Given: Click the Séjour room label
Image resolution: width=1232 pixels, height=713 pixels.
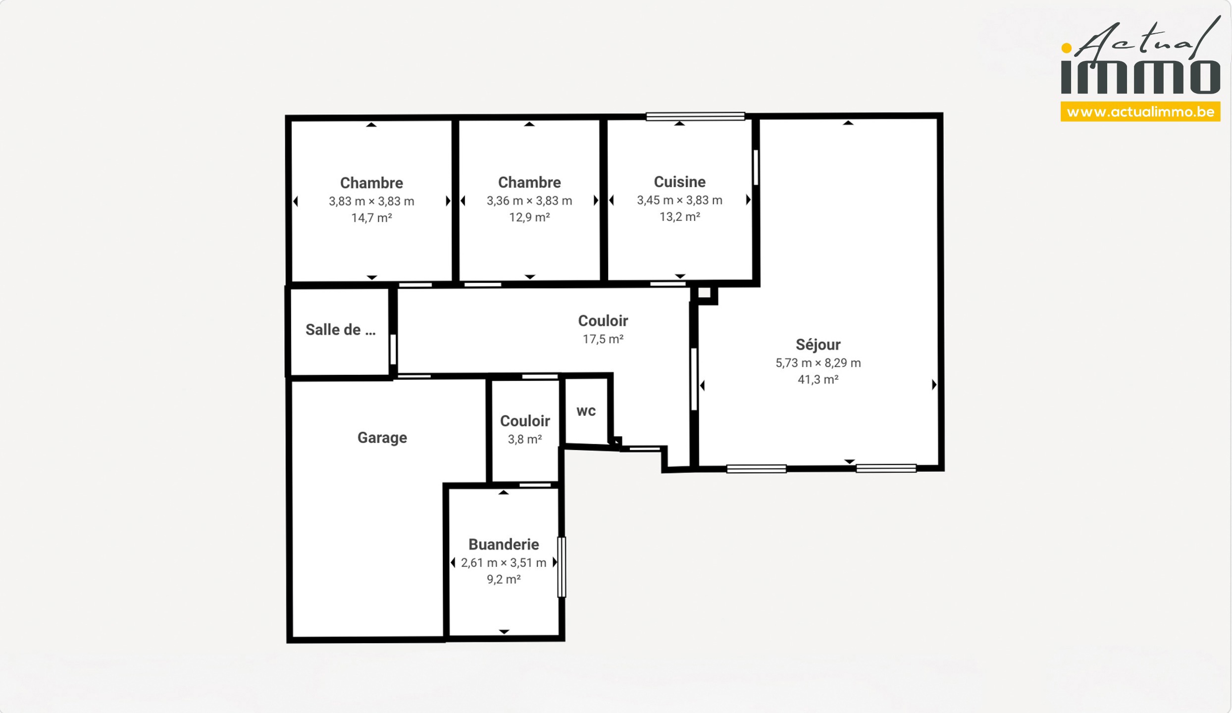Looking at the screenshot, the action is (818, 345).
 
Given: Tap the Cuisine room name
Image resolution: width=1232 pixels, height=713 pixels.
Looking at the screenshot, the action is (679, 182).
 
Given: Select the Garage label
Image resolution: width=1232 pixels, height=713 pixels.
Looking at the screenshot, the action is (382, 438).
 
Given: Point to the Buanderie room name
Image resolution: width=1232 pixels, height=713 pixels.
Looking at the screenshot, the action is (504, 544).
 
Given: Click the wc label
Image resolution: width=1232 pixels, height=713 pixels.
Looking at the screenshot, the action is (586, 411).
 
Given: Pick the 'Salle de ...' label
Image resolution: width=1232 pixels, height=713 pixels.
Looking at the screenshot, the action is (341, 330).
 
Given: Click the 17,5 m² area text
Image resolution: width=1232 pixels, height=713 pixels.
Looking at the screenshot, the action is (603, 339).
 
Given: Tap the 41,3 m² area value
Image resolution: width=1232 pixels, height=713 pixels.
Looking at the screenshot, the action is (818, 380).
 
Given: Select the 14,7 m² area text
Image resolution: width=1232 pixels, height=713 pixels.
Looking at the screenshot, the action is (371, 218).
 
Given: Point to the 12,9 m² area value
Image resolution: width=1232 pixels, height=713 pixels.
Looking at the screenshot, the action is (529, 217).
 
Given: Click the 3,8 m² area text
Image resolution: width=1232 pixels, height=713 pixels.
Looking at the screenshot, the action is (525, 439).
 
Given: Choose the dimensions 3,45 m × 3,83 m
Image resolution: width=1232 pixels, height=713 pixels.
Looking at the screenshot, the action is (679, 200).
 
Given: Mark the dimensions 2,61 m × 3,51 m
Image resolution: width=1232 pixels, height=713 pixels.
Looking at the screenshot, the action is (504, 563).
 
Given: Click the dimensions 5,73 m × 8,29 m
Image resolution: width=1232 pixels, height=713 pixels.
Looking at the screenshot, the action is (818, 363).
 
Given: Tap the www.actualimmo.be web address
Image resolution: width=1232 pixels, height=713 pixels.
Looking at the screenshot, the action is (1140, 112).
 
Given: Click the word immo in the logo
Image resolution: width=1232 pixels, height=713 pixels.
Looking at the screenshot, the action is (1140, 77).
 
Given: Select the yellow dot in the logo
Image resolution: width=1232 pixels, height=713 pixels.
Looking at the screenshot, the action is (1067, 48).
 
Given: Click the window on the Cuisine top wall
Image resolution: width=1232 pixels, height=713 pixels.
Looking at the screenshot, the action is (695, 116).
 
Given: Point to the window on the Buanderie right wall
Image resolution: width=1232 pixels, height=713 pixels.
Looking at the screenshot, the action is (562, 567).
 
